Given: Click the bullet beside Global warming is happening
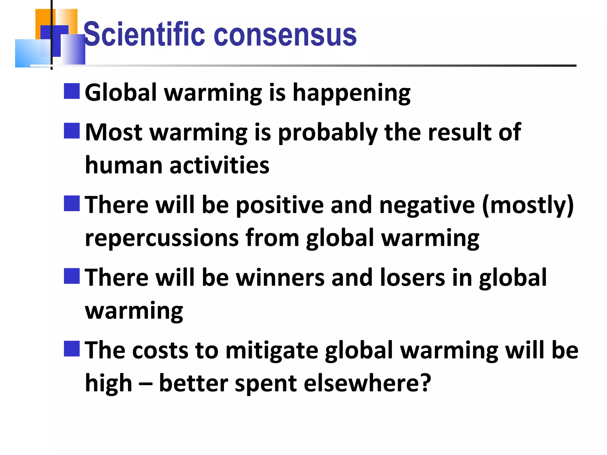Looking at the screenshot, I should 72,91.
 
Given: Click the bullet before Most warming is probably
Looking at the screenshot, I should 72,131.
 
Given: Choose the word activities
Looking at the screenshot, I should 219,165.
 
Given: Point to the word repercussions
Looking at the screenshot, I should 162,238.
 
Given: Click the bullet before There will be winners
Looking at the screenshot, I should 72,276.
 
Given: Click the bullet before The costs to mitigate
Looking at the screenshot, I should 72,349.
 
